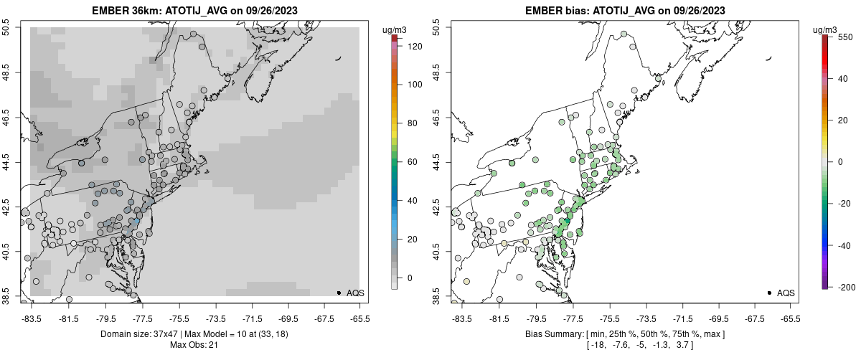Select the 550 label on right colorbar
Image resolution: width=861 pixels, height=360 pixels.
pos(844,37)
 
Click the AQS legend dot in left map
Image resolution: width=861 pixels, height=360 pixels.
pos(339,293)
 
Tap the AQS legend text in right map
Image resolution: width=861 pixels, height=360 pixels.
pos(786,293)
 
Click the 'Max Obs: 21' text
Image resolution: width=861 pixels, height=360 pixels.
pos(194,345)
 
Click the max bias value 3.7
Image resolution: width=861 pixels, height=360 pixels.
pos(684,345)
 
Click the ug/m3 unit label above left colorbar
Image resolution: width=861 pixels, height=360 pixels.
pos(395,29)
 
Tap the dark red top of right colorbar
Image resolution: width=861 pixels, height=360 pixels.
pos(826,37)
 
